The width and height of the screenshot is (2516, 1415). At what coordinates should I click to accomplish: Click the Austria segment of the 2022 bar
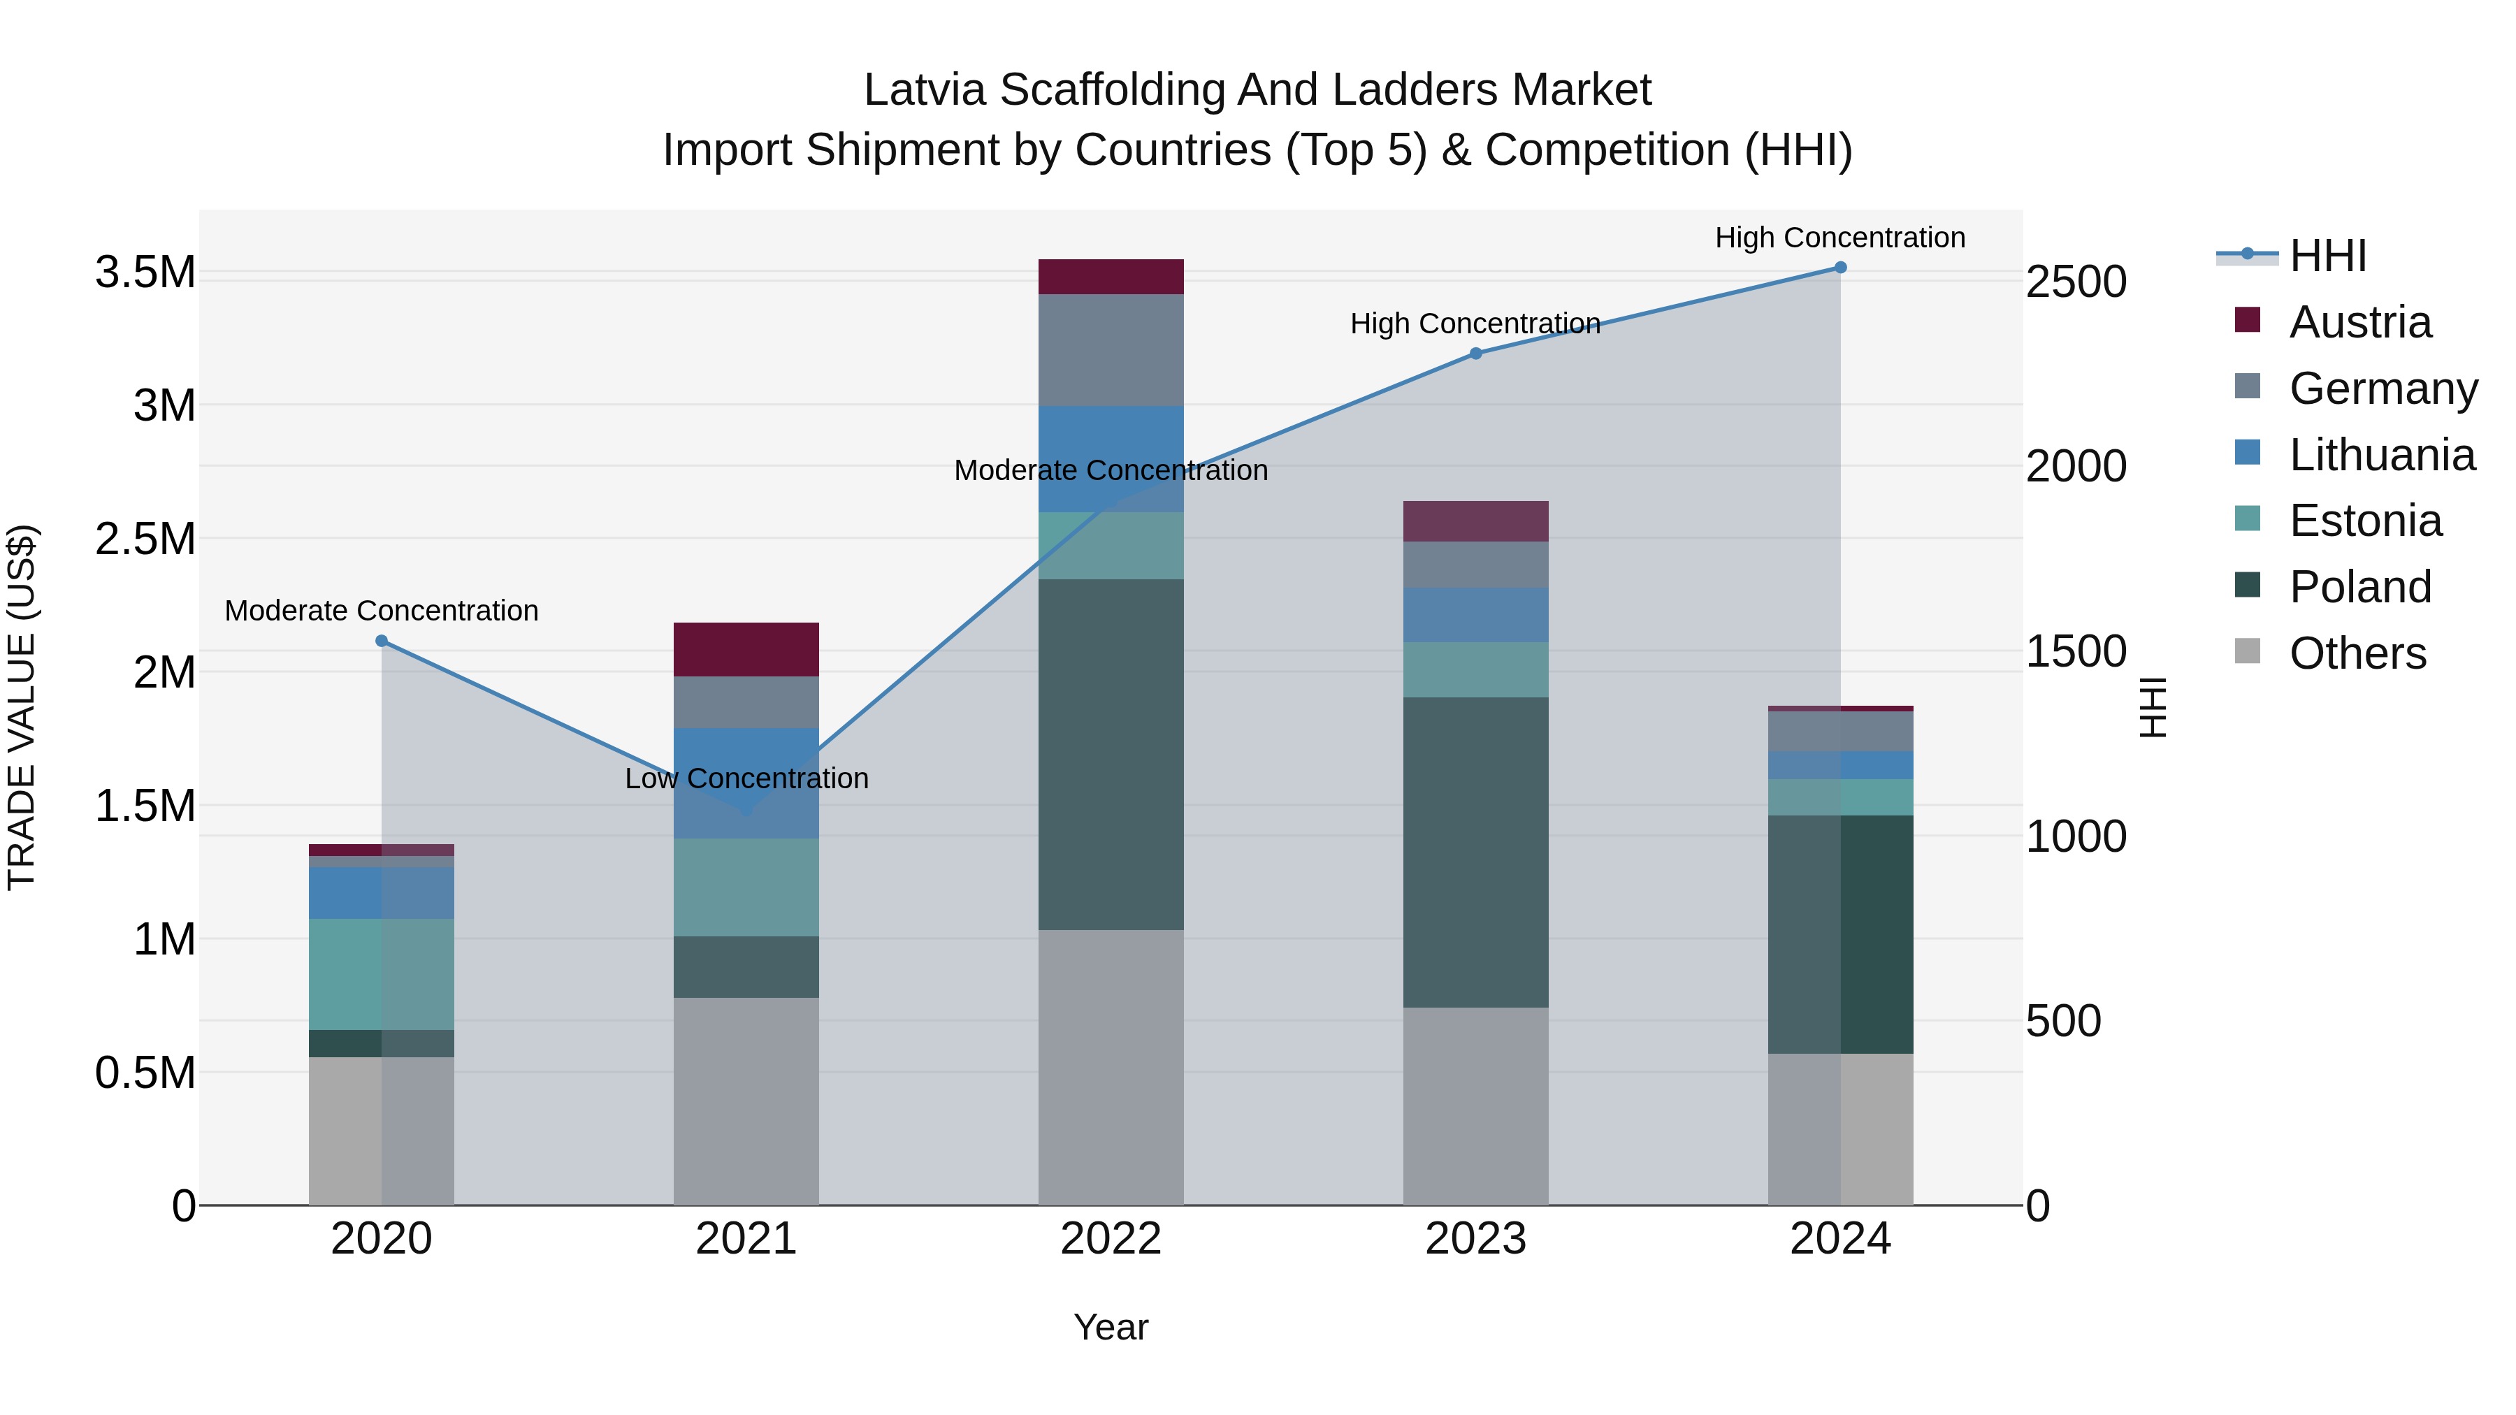(1111, 276)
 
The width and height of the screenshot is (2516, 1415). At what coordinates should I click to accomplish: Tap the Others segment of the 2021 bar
(746, 1101)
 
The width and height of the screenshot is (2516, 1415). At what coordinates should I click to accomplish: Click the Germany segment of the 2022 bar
(1111, 349)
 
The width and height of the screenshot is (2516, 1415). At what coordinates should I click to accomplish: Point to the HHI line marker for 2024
(1840, 268)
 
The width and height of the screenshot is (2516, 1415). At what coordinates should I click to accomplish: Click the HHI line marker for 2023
(1476, 354)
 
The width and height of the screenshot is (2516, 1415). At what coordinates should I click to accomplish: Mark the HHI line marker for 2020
(382, 641)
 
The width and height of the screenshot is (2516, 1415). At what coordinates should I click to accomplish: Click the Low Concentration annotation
(746, 778)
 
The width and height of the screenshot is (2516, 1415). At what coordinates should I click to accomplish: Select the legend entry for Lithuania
(2381, 455)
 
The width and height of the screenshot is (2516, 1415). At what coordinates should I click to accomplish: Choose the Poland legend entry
(2359, 587)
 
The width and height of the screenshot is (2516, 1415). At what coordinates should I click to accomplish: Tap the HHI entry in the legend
(2327, 256)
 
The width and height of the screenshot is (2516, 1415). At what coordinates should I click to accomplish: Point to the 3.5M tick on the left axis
(145, 273)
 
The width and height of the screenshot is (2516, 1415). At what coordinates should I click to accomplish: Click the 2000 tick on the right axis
(2076, 467)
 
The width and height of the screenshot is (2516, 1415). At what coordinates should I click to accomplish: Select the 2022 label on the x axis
(1111, 1239)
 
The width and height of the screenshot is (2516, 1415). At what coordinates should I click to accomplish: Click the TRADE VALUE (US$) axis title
(22, 707)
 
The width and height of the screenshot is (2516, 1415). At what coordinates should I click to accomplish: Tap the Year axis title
(1111, 1327)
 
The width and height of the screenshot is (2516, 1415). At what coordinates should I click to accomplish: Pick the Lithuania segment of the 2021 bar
(746, 782)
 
